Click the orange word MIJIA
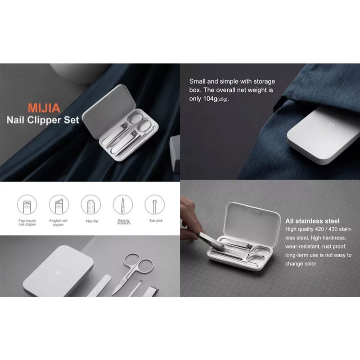(x=44, y=108)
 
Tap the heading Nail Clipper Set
(x=43, y=120)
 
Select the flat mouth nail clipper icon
(x=27, y=205)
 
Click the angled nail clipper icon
(x=59, y=205)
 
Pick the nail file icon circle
(x=91, y=205)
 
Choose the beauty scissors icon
(x=123, y=205)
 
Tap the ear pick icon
(x=155, y=205)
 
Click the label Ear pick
(x=156, y=220)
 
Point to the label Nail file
(x=92, y=221)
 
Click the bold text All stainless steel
(x=312, y=221)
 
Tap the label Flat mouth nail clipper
(x=27, y=222)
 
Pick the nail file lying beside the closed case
(x=99, y=286)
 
